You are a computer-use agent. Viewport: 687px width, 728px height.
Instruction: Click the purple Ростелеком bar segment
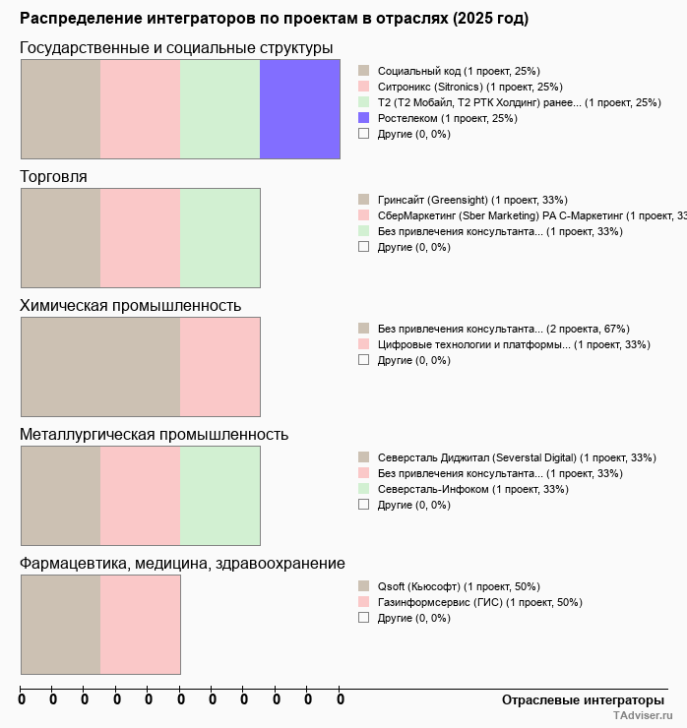click(299, 108)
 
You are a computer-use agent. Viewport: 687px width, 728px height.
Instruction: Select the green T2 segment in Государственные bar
click(219, 108)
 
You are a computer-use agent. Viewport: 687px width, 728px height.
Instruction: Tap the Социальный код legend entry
click(459, 71)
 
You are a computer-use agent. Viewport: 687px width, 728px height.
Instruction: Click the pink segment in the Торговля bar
click(140, 237)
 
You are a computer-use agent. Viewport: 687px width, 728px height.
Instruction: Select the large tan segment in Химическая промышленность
click(100, 366)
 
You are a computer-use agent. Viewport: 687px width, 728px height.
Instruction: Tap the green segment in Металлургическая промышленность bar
click(219, 495)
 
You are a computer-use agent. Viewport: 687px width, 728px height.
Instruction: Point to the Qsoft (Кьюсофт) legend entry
click(459, 586)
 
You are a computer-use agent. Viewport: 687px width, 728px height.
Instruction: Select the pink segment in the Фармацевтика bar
click(140, 624)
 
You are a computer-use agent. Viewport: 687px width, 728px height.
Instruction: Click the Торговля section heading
click(53, 177)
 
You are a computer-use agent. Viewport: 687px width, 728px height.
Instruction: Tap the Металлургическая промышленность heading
click(154, 435)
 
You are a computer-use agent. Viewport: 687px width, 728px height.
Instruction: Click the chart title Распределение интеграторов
click(274, 19)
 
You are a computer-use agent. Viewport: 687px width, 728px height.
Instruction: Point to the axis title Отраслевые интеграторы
click(583, 699)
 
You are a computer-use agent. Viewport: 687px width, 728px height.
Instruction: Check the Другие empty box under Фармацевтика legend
click(364, 618)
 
